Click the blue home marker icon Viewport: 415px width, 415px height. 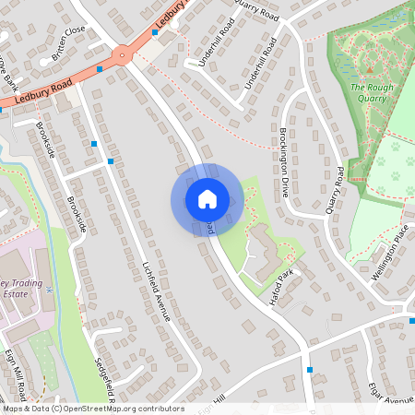click(207, 198)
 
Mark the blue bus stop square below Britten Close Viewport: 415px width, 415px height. click(100, 69)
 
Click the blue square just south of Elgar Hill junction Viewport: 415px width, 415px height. click(310, 369)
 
